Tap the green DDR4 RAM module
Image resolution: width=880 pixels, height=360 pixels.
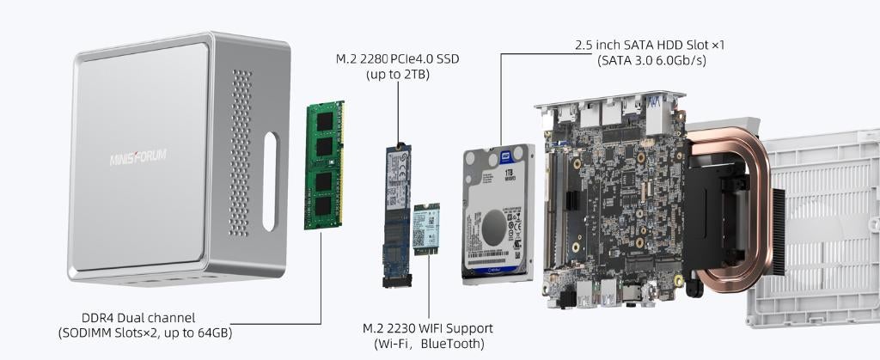click(x=324, y=166)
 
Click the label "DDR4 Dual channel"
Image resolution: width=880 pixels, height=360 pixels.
click(x=126, y=317)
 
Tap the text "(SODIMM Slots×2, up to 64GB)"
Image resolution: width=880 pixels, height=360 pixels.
click(x=144, y=333)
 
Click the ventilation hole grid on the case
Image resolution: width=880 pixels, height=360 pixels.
click(x=241, y=155)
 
